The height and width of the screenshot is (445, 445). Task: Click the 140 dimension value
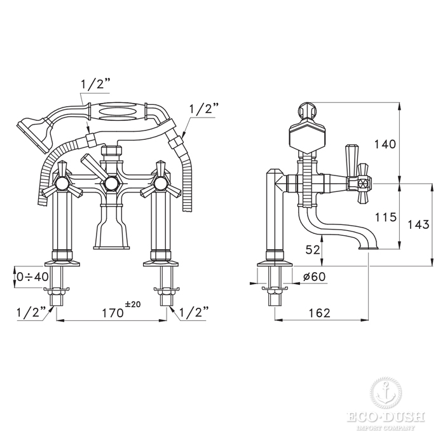pyautogui.click(x=385, y=144)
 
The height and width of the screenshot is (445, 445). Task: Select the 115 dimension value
pyautogui.click(x=386, y=217)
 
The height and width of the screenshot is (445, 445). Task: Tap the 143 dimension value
pyautogui.click(x=418, y=225)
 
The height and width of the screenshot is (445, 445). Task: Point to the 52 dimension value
pyautogui.click(x=313, y=250)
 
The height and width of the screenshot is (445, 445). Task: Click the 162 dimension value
pyautogui.click(x=319, y=313)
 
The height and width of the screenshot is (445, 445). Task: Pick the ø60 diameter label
pyautogui.click(x=314, y=277)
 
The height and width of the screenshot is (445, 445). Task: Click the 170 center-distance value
pyautogui.click(x=113, y=313)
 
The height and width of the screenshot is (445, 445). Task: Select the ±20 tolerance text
pyautogui.click(x=133, y=305)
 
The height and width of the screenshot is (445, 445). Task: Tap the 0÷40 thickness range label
pyautogui.click(x=32, y=277)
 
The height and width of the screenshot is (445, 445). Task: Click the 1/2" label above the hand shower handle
pyautogui.click(x=95, y=85)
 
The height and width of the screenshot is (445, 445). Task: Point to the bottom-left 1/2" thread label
pyautogui.click(x=32, y=313)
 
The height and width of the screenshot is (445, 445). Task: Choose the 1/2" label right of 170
pyautogui.click(x=194, y=313)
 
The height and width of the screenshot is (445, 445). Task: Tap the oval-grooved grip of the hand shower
pyautogui.click(x=118, y=111)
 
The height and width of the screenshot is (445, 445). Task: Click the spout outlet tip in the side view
pyautogui.click(x=368, y=248)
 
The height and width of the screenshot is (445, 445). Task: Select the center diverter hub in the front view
pyautogui.click(x=111, y=184)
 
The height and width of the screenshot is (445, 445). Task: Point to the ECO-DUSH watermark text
pyautogui.click(x=386, y=417)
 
